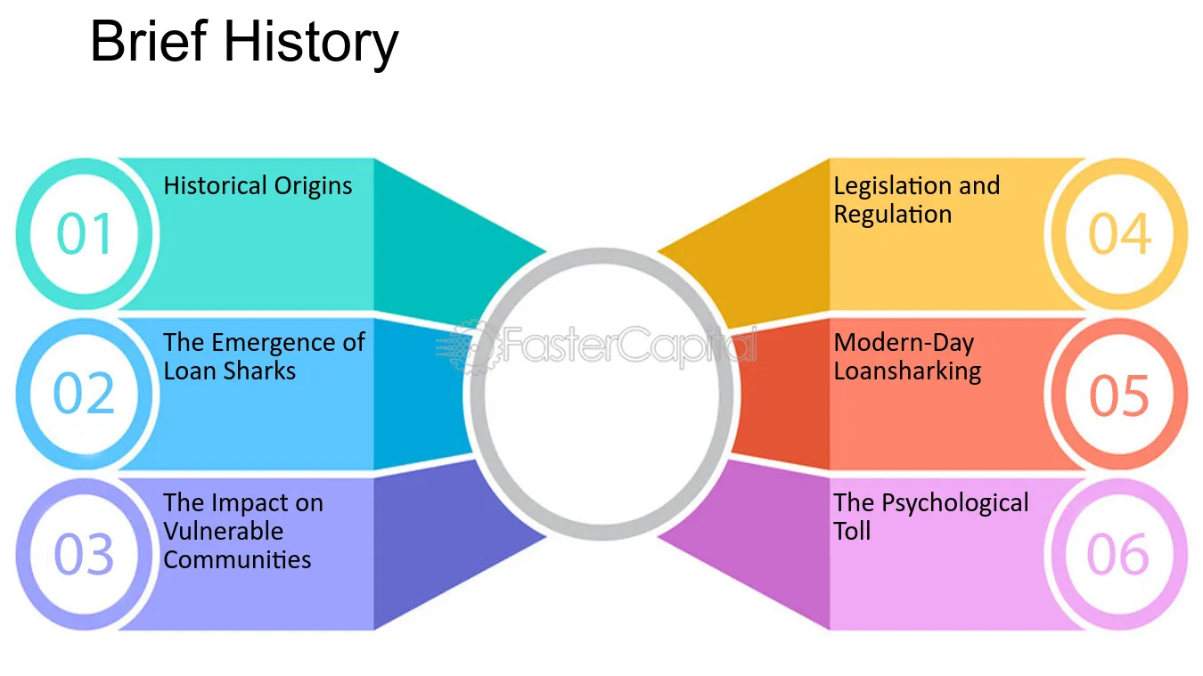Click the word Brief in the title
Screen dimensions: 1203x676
(150, 41)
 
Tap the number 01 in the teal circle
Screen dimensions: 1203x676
(85, 233)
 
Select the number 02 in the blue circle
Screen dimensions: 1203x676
(84, 393)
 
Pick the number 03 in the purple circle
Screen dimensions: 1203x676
(84, 554)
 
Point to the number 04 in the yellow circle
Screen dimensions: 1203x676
(1120, 233)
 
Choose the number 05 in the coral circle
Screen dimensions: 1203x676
(1119, 395)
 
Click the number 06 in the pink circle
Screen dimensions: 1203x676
(1118, 554)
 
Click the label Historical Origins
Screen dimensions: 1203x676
(258, 186)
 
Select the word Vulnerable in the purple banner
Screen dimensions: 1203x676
(224, 531)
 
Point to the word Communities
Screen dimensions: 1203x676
(237, 559)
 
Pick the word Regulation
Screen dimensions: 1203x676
(893, 215)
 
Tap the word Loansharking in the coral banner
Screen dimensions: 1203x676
(908, 371)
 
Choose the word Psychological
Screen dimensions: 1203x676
(955, 504)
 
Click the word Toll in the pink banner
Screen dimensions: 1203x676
(852, 531)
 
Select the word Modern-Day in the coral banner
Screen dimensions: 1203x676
(904, 344)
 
